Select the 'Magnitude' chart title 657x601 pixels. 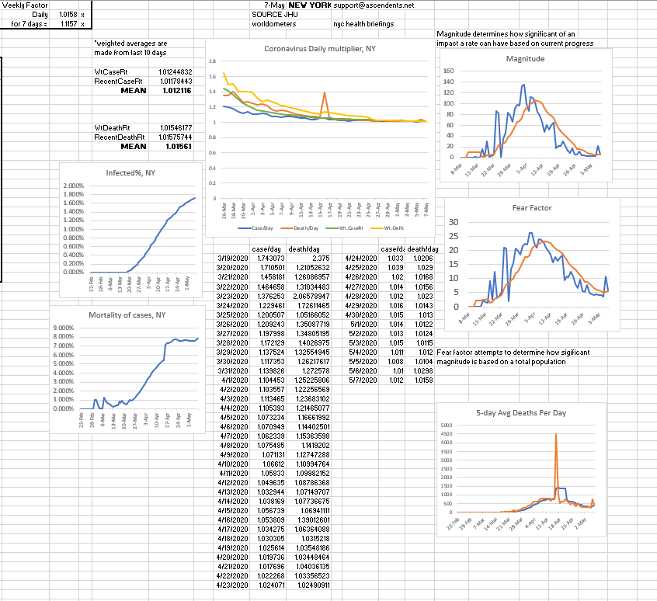pyautogui.click(x=525, y=59)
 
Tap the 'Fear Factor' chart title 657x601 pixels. pyautogui.click(x=531, y=208)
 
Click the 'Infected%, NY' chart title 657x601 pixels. pyautogui.click(x=129, y=172)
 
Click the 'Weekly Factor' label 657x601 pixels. pyautogui.click(x=25, y=5)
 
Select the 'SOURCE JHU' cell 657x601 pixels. pyautogui.click(x=271, y=15)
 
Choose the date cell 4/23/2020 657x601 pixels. pyautogui.click(x=232, y=584)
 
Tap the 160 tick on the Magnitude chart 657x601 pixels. pyautogui.click(x=448, y=71)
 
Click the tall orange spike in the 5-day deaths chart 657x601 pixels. pyautogui.click(x=556, y=436)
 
